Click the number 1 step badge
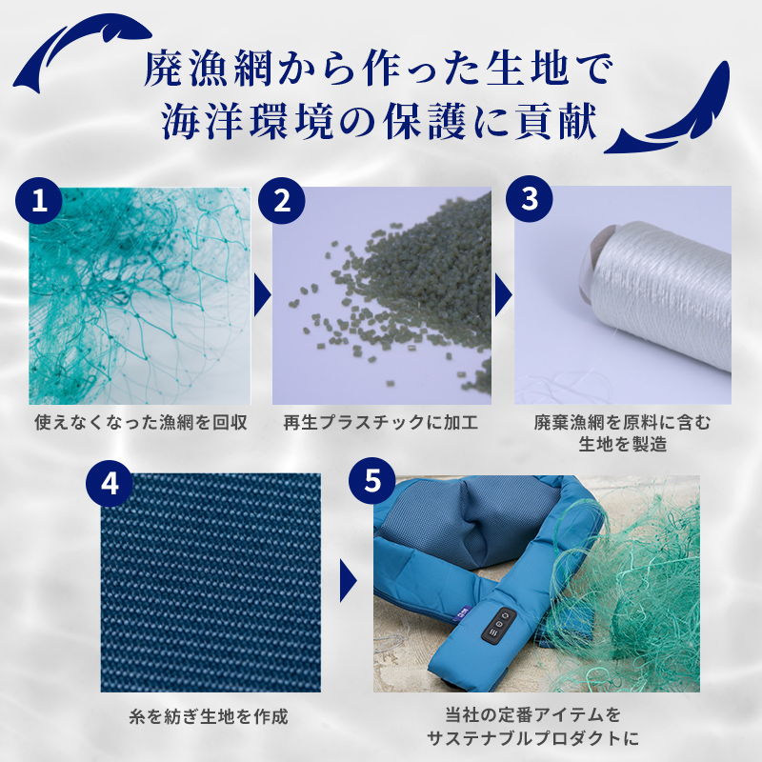click(x=39, y=200)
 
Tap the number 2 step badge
click(x=282, y=200)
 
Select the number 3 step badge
click(x=530, y=199)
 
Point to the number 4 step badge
click(x=110, y=484)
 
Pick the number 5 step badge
click(x=372, y=481)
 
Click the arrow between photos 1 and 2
click(x=262, y=294)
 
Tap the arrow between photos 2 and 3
click(x=504, y=294)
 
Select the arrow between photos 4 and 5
click(x=348, y=581)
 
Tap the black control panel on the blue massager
click(x=499, y=626)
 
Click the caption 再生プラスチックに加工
click(x=381, y=422)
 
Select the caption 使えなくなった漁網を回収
click(x=141, y=422)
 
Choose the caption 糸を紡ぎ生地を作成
click(x=209, y=716)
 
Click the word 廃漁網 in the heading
click(x=208, y=70)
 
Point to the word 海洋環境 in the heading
click(x=247, y=122)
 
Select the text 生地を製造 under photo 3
click(x=623, y=444)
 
